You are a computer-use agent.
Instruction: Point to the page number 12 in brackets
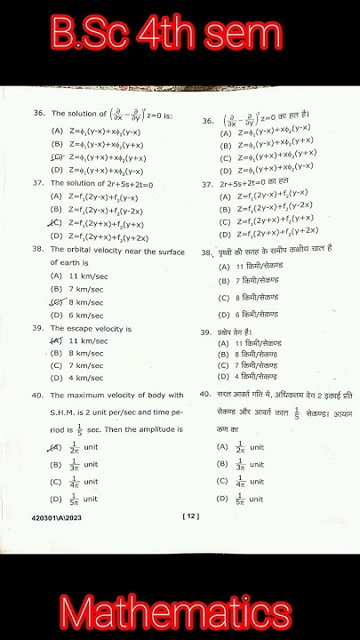tap(188, 515)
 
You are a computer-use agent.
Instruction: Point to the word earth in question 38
tap(72, 263)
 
